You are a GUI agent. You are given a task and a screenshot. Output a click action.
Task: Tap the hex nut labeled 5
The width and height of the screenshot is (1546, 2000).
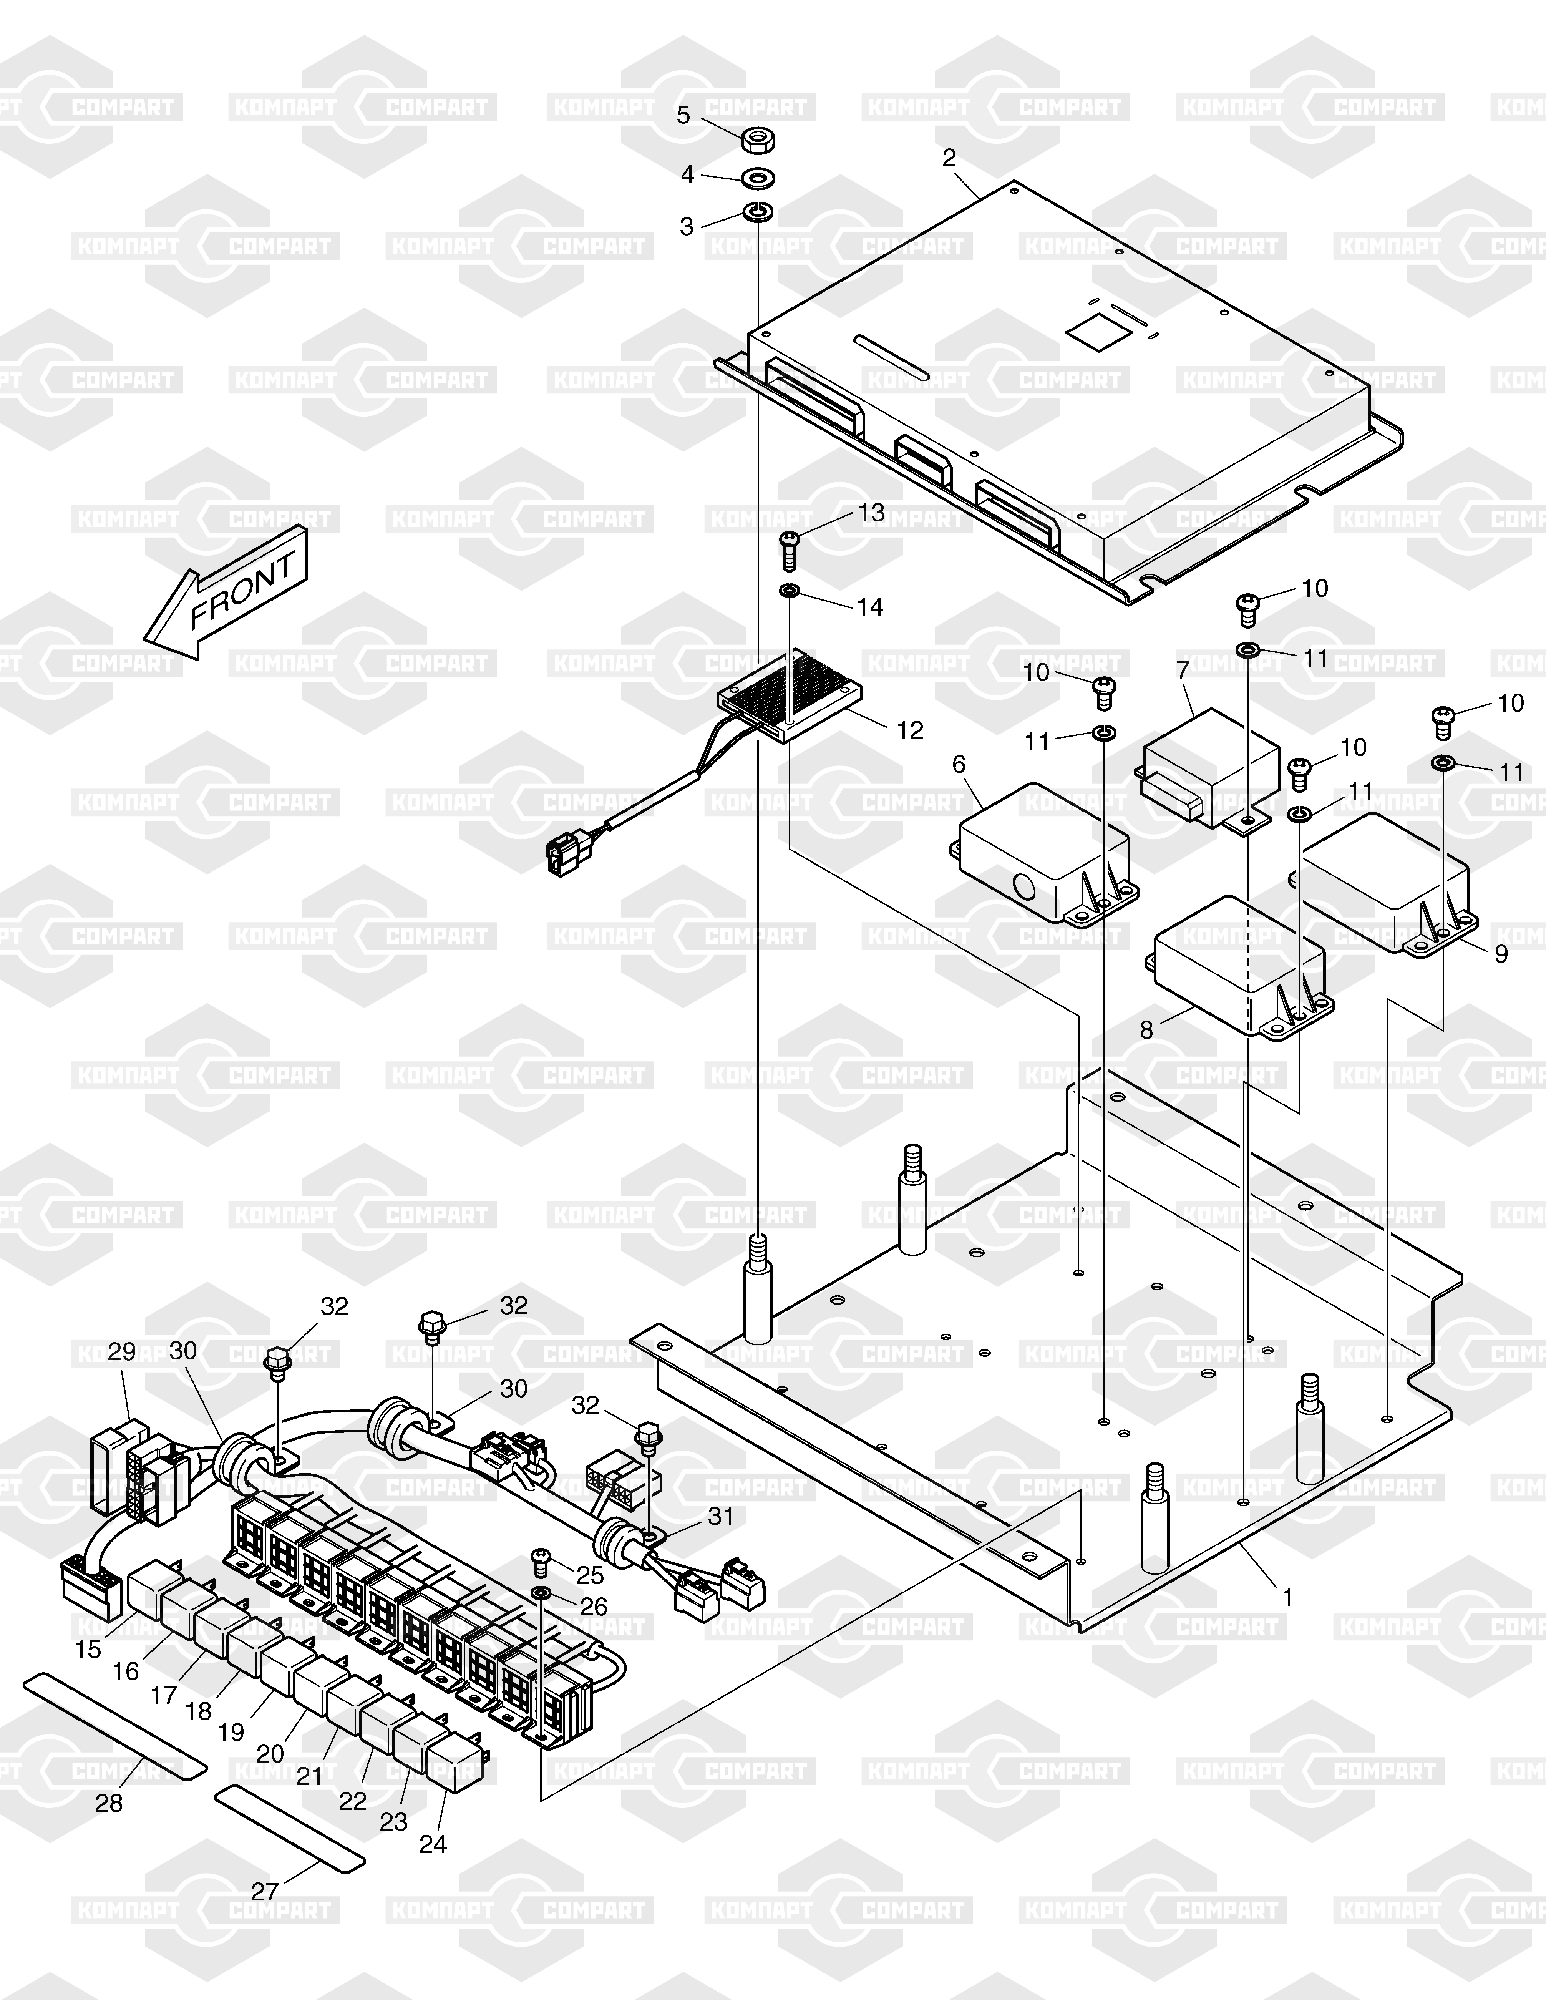tap(759, 139)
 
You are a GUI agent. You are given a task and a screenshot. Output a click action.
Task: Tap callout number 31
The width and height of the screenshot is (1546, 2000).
tap(721, 1517)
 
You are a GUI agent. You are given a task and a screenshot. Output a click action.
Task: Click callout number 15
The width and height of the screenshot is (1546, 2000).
tap(88, 1650)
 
